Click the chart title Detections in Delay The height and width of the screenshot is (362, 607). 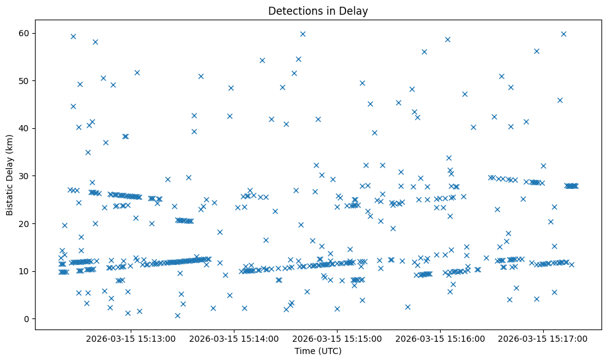(318, 10)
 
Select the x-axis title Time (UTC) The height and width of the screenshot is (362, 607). (318, 352)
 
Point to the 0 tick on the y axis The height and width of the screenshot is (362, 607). (25, 319)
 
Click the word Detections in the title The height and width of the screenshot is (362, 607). (293, 10)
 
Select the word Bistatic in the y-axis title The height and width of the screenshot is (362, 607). (10, 196)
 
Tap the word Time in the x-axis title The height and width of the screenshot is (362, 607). (305, 352)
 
